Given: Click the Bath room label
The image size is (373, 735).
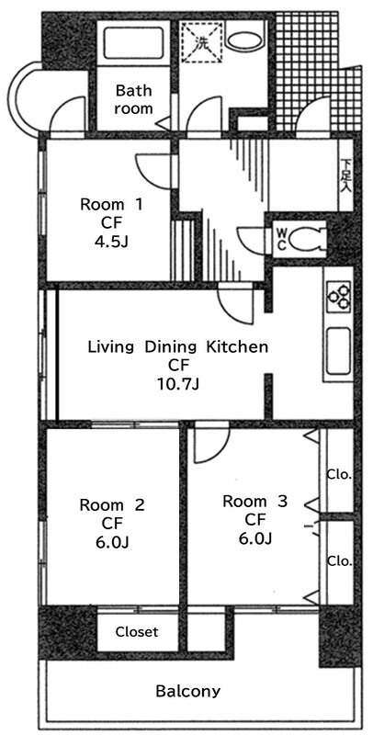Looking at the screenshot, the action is (133, 99).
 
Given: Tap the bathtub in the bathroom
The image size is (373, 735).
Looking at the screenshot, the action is (133, 42).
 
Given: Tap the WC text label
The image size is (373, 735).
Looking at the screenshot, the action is (282, 239).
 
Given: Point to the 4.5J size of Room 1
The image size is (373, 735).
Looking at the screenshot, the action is (111, 242).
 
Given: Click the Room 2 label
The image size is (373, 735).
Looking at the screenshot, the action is (112, 504).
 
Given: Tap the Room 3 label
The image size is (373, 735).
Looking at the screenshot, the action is (254, 501).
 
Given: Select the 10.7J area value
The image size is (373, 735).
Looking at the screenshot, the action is (178, 384).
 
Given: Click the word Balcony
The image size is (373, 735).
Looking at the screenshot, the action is (187, 691).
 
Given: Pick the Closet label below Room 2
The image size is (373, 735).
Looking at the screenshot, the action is (137, 631).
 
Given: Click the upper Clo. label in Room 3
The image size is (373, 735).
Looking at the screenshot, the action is (339, 475).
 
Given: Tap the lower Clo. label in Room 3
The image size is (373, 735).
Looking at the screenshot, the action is (339, 560).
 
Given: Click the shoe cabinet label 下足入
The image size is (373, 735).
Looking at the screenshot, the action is (345, 175).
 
